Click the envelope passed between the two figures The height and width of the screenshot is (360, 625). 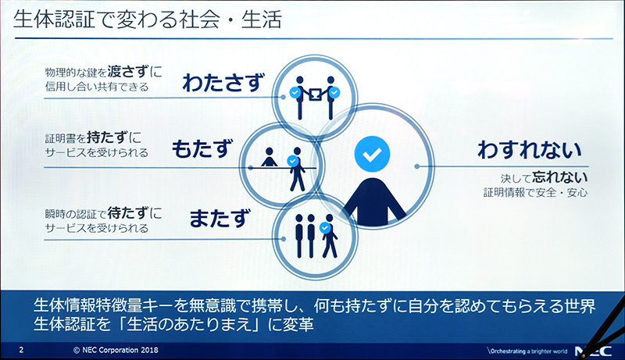point(314,94)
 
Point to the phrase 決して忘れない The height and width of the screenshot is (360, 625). point(544,176)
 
